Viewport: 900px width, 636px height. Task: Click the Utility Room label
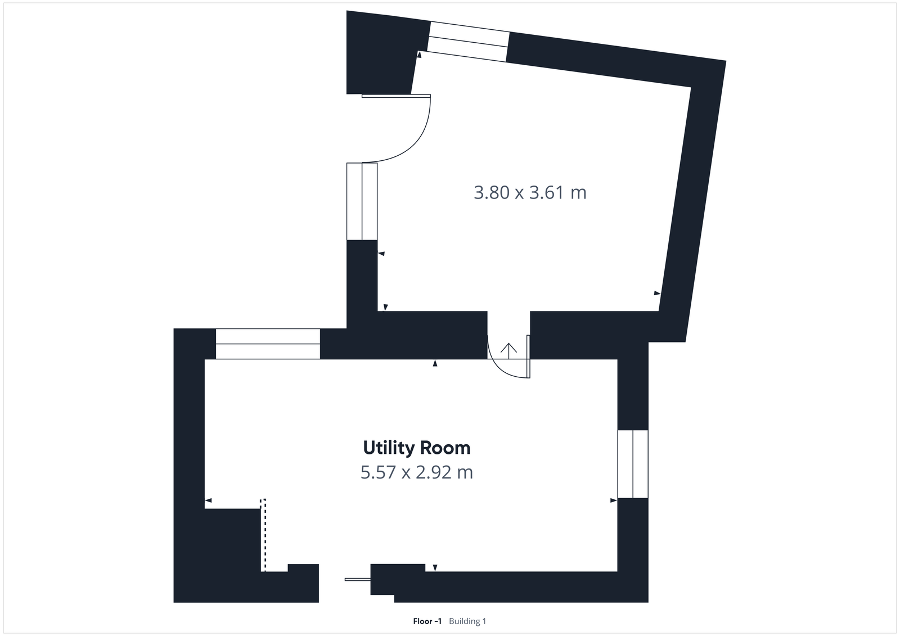pyautogui.click(x=416, y=448)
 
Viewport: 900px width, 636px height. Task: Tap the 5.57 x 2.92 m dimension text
pyautogui.click(x=416, y=472)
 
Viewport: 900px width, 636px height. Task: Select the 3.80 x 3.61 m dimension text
pyautogui.click(x=530, y=193)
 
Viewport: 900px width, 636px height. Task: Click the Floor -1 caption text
pyautogui.click(x=427, y=621)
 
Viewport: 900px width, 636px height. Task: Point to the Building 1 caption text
pyautogui.click(x=467, y=621)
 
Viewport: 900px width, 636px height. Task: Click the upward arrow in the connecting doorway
pyautogui.click(x=508, y=350)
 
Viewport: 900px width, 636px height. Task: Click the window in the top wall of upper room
pyautogui.click(x=469, y=41)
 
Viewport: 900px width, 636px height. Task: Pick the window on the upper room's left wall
pyautogui.click(x=362, y=201)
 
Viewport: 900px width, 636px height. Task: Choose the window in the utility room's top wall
pyautogui.click(x=268, y=344)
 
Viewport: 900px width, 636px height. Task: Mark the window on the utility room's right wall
pyautogui.click(x=633, y=464)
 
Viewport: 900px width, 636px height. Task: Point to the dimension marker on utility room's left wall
pyautogui.click(x=208, y=500)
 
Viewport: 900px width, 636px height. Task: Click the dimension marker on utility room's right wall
pyautogui.click(x=613, y=500)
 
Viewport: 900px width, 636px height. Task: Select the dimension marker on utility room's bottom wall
pyautogui.click(x=435, y=567)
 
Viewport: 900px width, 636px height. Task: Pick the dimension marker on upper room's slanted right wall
pyautogui.click(x=656, y=293)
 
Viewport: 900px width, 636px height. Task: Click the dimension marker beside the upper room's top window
pyautogui.click(x=419, y=55)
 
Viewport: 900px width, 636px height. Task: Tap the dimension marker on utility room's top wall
pyautogui.click(x=435, y=364)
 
